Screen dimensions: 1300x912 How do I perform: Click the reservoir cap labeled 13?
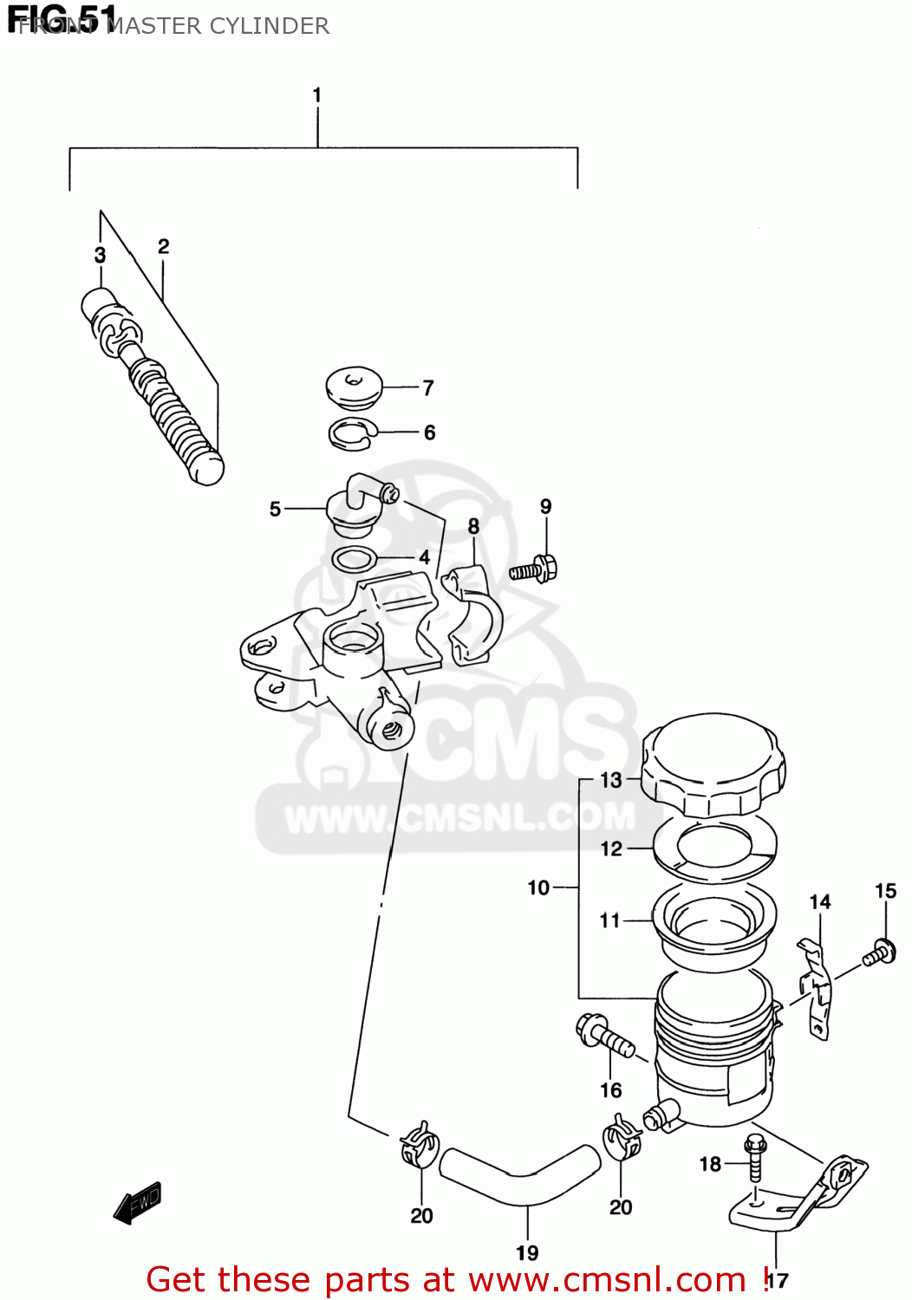(x=713, y=764)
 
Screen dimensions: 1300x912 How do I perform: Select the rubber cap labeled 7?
(x=354, y=387)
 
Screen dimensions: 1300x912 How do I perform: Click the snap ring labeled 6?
(x=351, y=434)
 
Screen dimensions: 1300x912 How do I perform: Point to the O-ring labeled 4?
(x=355, y=559)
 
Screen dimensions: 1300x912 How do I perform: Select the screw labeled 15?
(x=879, y=952)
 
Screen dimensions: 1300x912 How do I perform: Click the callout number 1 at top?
(x=317, y=94)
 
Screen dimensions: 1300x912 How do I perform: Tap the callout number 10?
(x=538, y=887)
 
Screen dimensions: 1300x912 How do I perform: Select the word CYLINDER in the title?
(x=269, y=26)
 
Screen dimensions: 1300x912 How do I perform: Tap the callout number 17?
(x=778, y=1280)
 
